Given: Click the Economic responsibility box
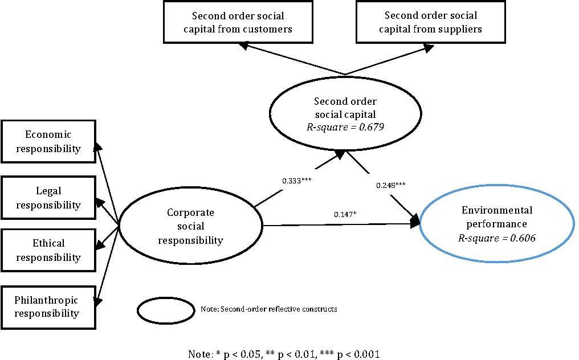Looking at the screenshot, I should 48,142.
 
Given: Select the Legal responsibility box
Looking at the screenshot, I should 48,198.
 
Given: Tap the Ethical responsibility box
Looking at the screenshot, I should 48,250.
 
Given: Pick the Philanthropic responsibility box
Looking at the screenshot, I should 48,306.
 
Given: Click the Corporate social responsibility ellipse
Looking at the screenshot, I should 190,226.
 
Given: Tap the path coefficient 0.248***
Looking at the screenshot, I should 391,185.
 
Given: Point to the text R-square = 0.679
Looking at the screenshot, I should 345,126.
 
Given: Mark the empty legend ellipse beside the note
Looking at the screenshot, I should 166,309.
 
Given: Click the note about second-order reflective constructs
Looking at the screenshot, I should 269,309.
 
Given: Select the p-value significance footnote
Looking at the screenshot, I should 284,354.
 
